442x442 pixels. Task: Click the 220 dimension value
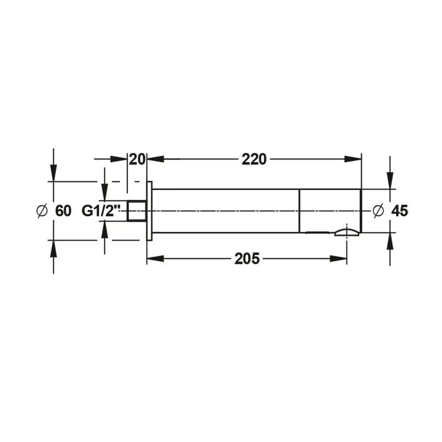click(254, 160)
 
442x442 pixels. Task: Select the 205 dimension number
click(247, 259)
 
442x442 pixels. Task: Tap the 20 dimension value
click(137, 160)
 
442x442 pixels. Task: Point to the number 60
click(63, 211)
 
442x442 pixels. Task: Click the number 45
click(400, 211)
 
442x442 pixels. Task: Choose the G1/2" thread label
click(101, 211)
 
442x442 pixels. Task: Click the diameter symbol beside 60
click(42, 211)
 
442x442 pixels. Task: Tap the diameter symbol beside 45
click(378, 211)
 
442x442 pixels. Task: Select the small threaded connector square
click(137, 211)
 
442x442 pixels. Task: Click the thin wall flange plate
click(149, 211)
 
